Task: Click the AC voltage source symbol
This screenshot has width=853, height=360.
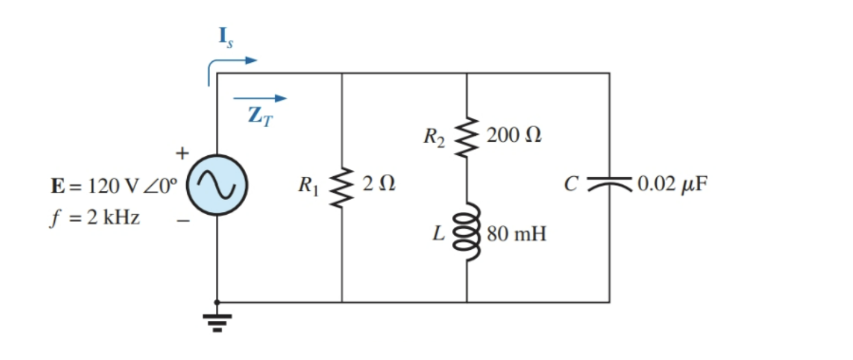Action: pyautogui.click(x=217, y=185)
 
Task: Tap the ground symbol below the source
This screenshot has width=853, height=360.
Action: pyautogui.click(x=217, y=321)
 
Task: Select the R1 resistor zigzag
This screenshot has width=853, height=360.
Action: pyautogui.click(x=342, y=187)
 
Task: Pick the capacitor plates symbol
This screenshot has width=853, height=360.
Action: pyautogui.click(x=609, y=184)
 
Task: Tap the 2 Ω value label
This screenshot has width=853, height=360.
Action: pyautogui.click(x=378, y=184)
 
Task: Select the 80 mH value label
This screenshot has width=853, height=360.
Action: pyautogui.click(x=516, y=235)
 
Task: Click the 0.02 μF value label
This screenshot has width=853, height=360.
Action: pyautogui.click(x=672, y=184)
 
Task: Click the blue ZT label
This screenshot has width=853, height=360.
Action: pyautogui.click(x=260, y=116)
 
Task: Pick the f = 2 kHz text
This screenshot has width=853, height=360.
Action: pyautogui.click(x=95, y=218)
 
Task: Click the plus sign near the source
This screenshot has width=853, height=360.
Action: pyautogui.click(x=183, y=153)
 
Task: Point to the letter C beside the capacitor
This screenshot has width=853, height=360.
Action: pyautogui.click(x=571, y=184)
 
